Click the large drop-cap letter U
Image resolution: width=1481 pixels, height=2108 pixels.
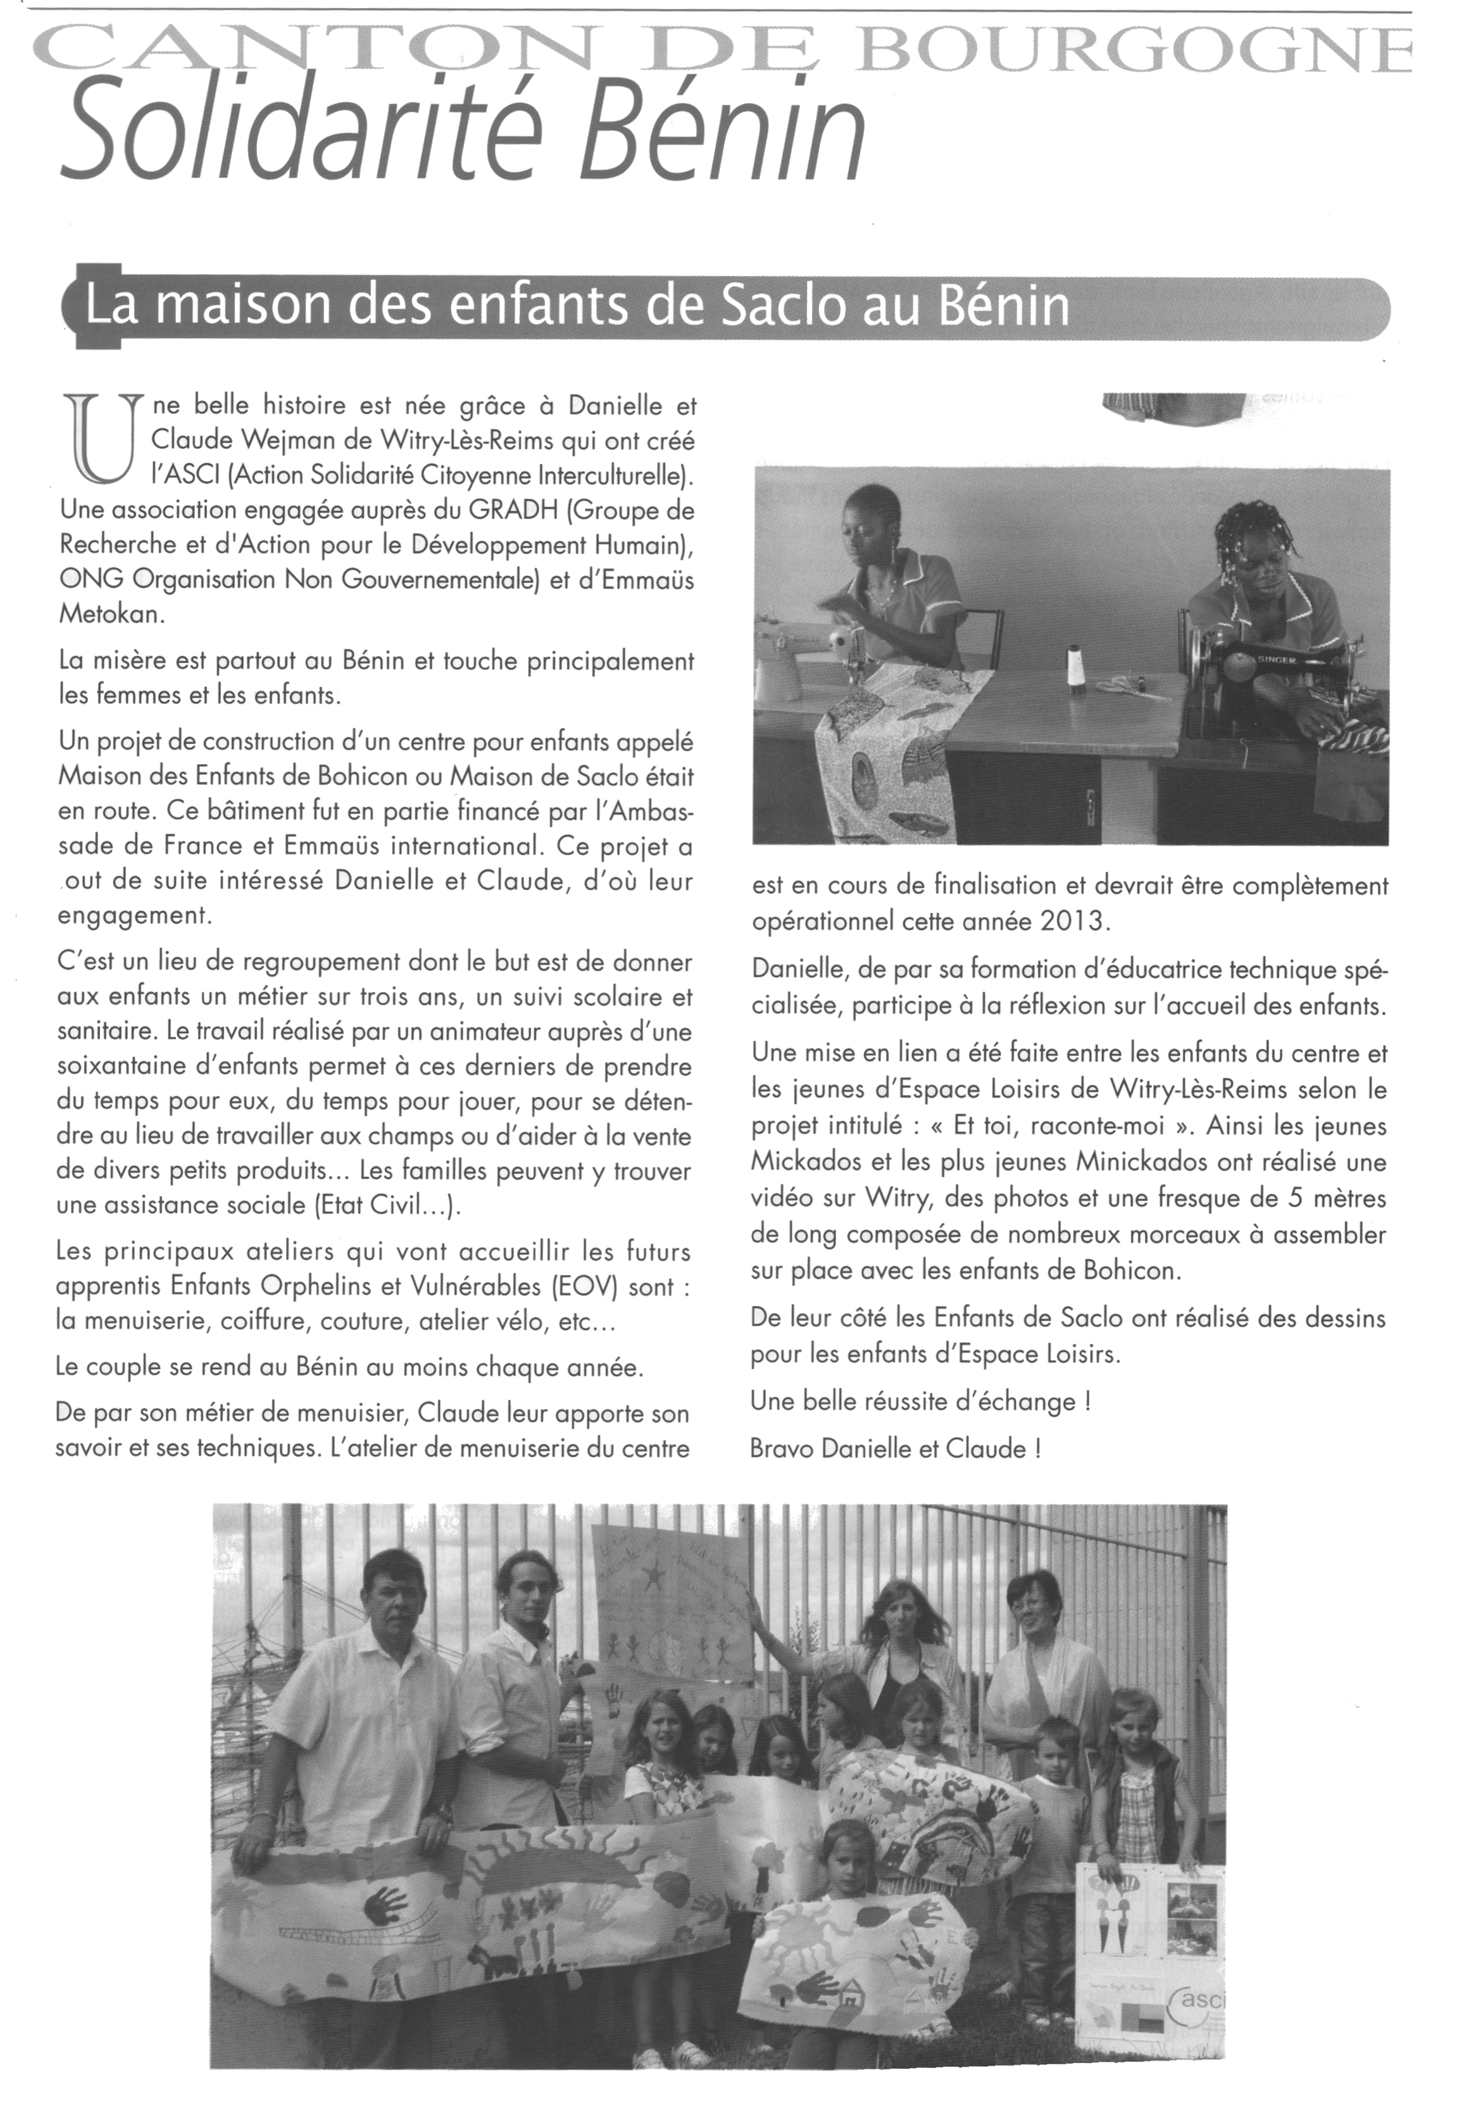click(102, 439)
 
